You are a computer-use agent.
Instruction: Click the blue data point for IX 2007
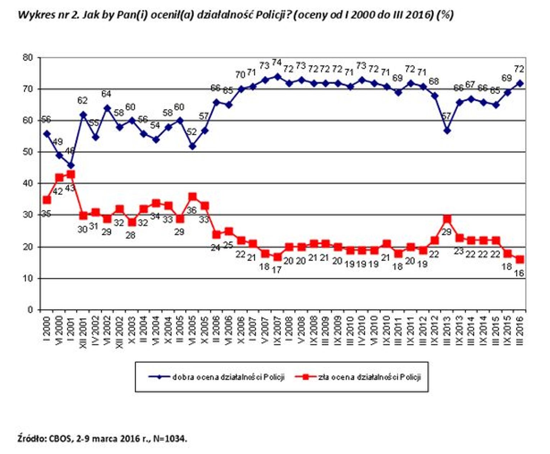click(x=277, y=76)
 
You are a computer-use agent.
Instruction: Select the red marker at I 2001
click(x=71, y=174)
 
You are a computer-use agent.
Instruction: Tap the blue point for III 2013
click(x=447, y=130)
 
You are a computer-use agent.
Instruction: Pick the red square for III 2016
click(x=519, y=259)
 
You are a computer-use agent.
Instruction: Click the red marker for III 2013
click(x=447, y=219)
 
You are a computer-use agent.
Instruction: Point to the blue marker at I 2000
click(x=47, y=133)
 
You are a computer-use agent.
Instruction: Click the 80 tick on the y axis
click(x=28, y=58)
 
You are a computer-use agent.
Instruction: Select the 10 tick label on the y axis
click(x=28, y=278)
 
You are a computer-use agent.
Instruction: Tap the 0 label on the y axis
click(x=30, y=310)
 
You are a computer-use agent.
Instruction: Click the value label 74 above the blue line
click(x=276, y=63)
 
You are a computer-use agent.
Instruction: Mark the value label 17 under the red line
click(x=276, y=269)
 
